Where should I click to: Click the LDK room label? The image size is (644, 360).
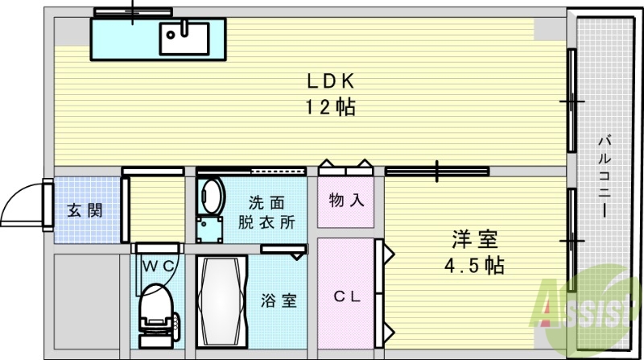tap(330, 81)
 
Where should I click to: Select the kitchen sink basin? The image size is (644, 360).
tap(184, 37)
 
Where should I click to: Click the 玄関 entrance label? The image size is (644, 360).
tap(84, 211)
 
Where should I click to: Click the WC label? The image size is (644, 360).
tap(158, 263)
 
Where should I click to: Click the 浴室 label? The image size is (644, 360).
tap(279, 301)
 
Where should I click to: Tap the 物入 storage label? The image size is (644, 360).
tap(346, 201)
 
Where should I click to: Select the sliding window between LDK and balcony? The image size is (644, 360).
tap(572, 101)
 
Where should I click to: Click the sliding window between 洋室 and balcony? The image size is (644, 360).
tap(572, 240)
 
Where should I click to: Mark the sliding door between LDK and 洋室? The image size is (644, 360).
tap(436, 171)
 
